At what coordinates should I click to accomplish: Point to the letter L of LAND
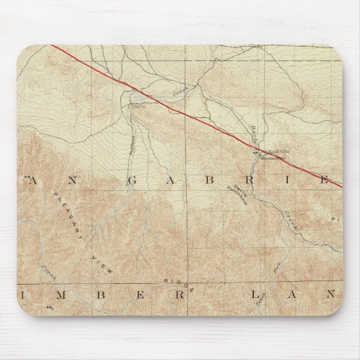point(256,295)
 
